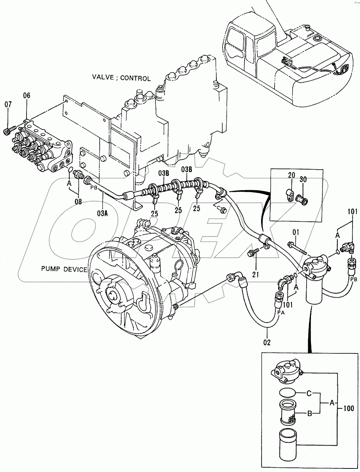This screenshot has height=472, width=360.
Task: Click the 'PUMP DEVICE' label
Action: click(64, 269)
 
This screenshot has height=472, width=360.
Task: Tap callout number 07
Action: click(8, 104)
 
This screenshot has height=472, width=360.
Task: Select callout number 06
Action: click(27, 95)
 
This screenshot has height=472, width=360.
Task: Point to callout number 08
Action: click(78, 201)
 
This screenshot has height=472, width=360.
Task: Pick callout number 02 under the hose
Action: click(267, 342)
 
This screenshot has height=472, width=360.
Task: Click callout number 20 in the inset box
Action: click(291, 175)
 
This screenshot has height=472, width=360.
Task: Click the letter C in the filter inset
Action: click(310, 393)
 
